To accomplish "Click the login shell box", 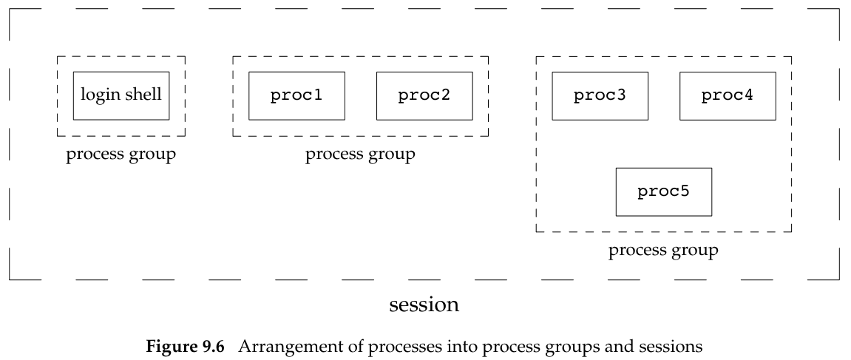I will [121, 96].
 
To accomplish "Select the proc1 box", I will [296, 96].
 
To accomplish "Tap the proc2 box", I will [424, 96].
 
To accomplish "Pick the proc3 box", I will [600, 96].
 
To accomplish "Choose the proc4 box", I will [728, 96].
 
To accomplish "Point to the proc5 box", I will [663, 192].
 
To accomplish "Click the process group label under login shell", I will [121, 154].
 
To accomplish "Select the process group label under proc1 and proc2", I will [360, 154].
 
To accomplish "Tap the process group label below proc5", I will [663, 251].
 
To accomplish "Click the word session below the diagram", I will [424, 304].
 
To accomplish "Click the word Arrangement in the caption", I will [277, 345].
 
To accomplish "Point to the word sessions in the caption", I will [671, 345].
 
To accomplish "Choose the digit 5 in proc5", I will [683, 192].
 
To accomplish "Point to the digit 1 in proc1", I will [316, 96].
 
